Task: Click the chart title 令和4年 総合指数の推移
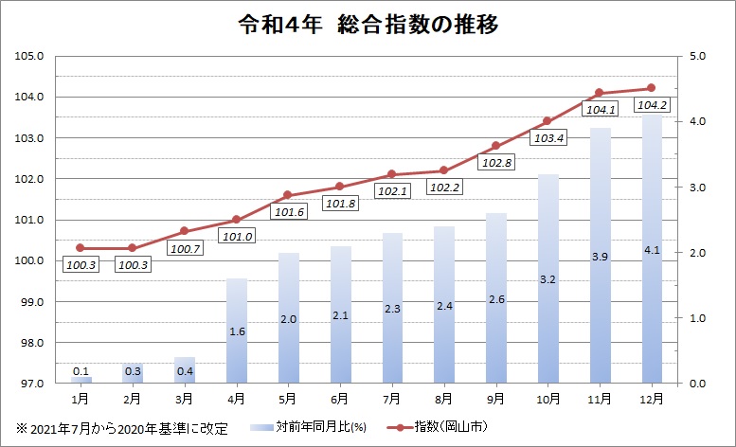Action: [x=368, y=25]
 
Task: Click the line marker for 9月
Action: [x=495, y=146]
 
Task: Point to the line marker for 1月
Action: [x=81, y=248]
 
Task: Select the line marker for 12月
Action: [x=651, y=88]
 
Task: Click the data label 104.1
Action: [x=601, y=110]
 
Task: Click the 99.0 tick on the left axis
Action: [x=33, y=302]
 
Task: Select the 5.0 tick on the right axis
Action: [x=699, y=56]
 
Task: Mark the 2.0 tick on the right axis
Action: [x=699, y=253]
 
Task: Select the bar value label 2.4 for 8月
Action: [x=443, y=307]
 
